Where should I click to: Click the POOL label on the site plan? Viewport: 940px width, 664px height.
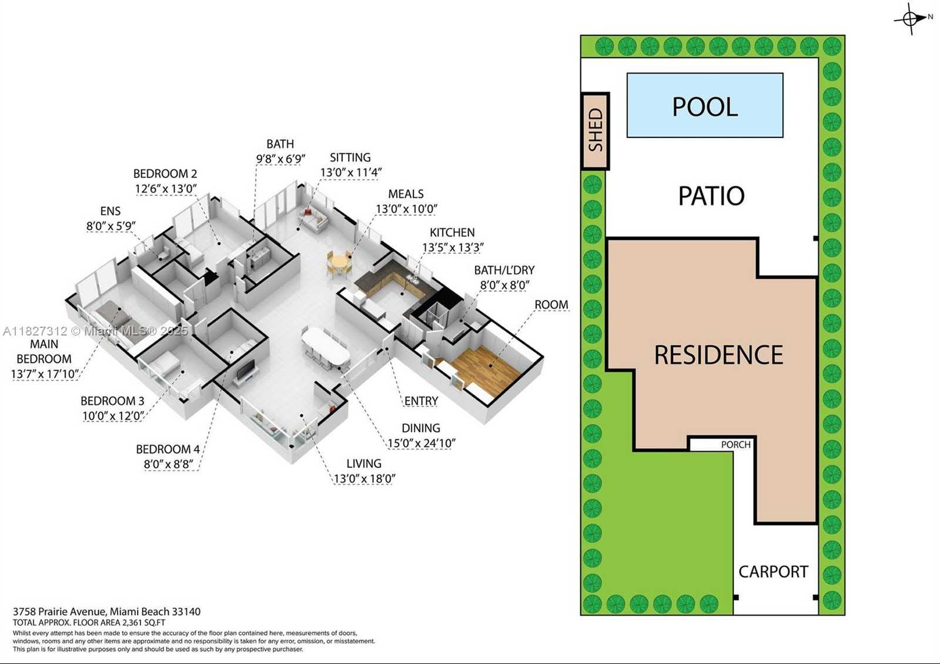coord(705,106)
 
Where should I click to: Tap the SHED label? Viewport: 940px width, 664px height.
coord(596,130)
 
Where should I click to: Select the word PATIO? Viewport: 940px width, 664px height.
coord(711,196)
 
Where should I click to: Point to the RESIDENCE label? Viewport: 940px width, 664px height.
coord(718,354)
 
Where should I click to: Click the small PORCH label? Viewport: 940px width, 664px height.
coord(735,445)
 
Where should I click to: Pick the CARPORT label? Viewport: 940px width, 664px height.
coord(773,572)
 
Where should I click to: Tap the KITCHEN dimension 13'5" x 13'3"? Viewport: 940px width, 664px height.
coord(453,247)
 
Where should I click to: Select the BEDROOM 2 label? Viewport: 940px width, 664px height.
coord(165,174)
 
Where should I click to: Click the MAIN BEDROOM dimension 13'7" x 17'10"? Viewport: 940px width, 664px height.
coord(45,374)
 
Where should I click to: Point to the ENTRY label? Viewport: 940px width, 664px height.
coord(421,401)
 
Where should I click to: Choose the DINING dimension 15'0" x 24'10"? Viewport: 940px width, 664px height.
coord(421,444)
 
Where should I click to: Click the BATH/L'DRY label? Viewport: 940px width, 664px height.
coord(504,270)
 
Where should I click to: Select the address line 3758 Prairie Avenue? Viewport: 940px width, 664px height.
coord(106,612)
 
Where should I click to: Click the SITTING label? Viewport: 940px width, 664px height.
coord(350,157)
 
